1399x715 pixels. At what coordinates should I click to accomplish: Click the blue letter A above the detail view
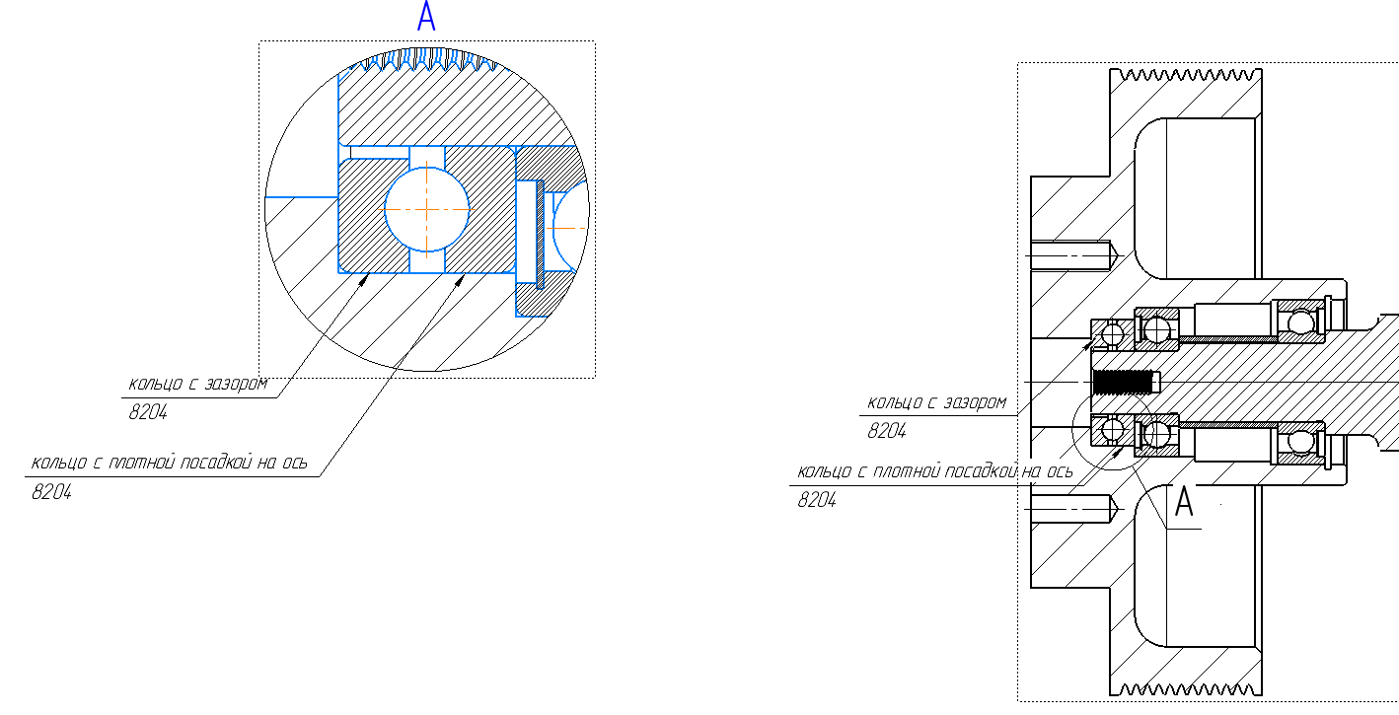tap(426, 16)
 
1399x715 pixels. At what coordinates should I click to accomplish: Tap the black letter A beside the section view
tap(1184, 501)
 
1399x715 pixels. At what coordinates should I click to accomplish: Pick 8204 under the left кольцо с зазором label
tap(148, 412)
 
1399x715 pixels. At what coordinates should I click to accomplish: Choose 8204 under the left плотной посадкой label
tap(51, 492)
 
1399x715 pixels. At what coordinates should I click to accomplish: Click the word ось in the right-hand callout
tap(1061, 471)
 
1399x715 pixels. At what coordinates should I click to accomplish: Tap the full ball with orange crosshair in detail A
tap(426, 210)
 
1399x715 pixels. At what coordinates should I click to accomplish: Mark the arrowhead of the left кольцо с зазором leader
tap(363, 280)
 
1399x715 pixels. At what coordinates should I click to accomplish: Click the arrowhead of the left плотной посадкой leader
tap(461, 280)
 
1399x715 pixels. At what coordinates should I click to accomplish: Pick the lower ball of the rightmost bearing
tap(1301, 441)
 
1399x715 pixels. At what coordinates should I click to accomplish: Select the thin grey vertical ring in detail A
tap(540, 234)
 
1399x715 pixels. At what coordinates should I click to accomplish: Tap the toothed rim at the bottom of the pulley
tap(1186, 688)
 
